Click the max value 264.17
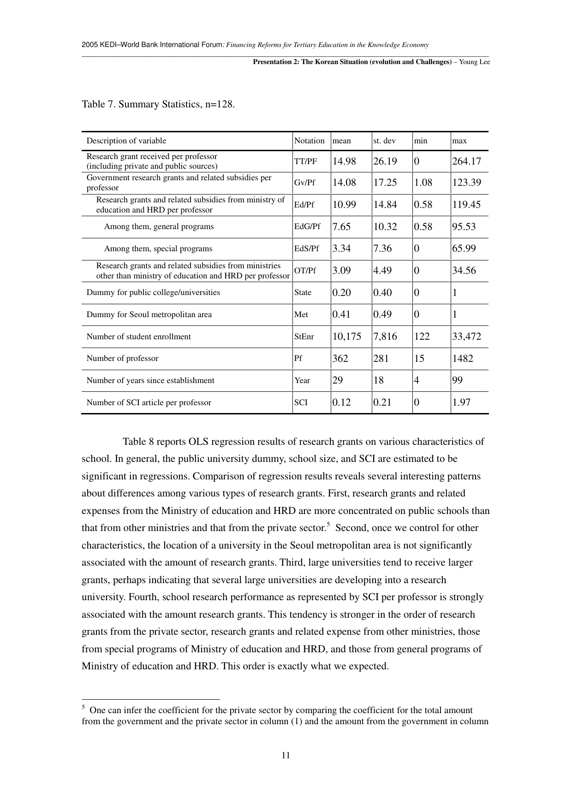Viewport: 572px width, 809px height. click(x=466, y=161)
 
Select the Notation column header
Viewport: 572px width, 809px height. click(x=309, y=141)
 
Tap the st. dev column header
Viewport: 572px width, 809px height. click(x=384, y=141)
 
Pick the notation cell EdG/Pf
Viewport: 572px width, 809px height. click(x=307, y=227)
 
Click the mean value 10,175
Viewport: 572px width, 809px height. click(x=346, y=337)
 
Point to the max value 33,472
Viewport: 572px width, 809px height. click(x=466, y=337)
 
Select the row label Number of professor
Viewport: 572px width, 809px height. click(x=122, y=359)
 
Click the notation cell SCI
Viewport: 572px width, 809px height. click(x=301, y=402)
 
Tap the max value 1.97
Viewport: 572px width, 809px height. click(x=461, y=402)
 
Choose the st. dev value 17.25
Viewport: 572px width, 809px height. click(x=385, y=183)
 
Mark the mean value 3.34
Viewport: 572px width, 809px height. click(x=341, y=248)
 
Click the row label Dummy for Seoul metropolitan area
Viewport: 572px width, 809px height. click(x=149, y=315)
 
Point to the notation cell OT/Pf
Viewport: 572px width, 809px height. click(x=305, y=271)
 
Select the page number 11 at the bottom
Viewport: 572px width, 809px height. click(x=286, y=756)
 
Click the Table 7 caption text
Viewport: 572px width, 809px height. click(x=158, y=104)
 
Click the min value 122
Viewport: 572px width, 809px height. click(x=422, y=337)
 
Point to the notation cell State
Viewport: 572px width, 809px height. click(x=303, y=293)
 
